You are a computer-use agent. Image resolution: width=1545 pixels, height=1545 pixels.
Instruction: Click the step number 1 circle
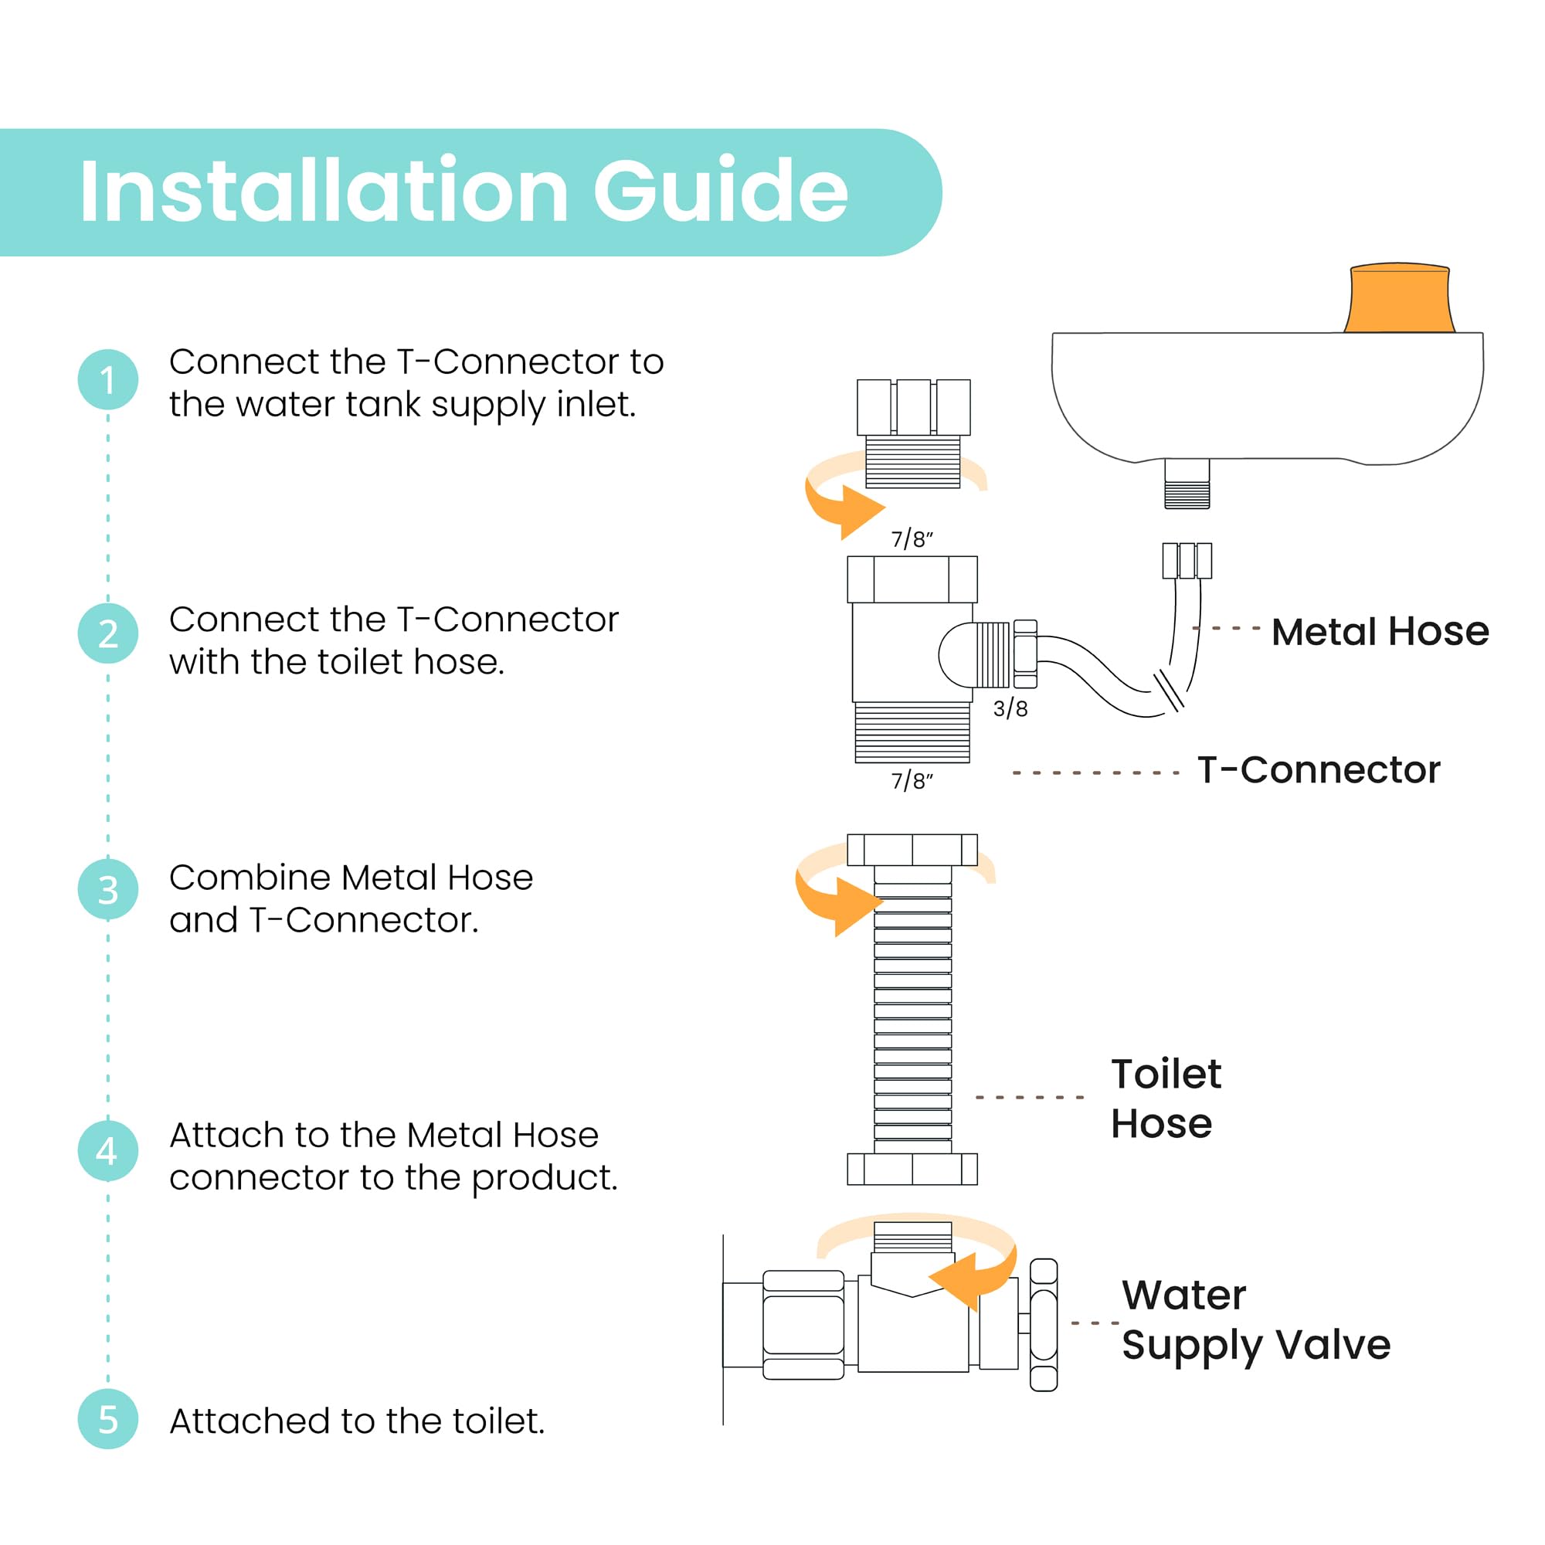107,379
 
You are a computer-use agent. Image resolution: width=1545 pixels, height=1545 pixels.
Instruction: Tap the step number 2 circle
107,633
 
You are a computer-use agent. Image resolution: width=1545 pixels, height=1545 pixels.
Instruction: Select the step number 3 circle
107,888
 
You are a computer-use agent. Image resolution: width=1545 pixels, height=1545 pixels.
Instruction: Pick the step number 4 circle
107,1150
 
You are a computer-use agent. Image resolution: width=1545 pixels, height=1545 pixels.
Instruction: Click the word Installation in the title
323,192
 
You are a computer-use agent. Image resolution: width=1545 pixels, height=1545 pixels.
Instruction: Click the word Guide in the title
720,192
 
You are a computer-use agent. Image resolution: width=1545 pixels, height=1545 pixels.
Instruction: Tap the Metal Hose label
1380,632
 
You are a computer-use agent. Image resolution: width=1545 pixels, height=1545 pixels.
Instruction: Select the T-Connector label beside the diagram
1318,770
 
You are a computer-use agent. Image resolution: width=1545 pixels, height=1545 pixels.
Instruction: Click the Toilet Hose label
1165,1098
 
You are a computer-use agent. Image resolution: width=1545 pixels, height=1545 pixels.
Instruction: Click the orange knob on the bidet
1399,298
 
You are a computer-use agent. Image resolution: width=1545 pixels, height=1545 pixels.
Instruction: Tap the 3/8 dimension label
1010,708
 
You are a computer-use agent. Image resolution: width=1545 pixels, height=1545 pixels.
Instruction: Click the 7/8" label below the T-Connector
912,781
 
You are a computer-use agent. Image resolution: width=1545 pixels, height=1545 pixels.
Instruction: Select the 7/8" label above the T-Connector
912,539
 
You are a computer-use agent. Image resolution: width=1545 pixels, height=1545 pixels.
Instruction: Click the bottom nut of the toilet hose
912,1169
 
